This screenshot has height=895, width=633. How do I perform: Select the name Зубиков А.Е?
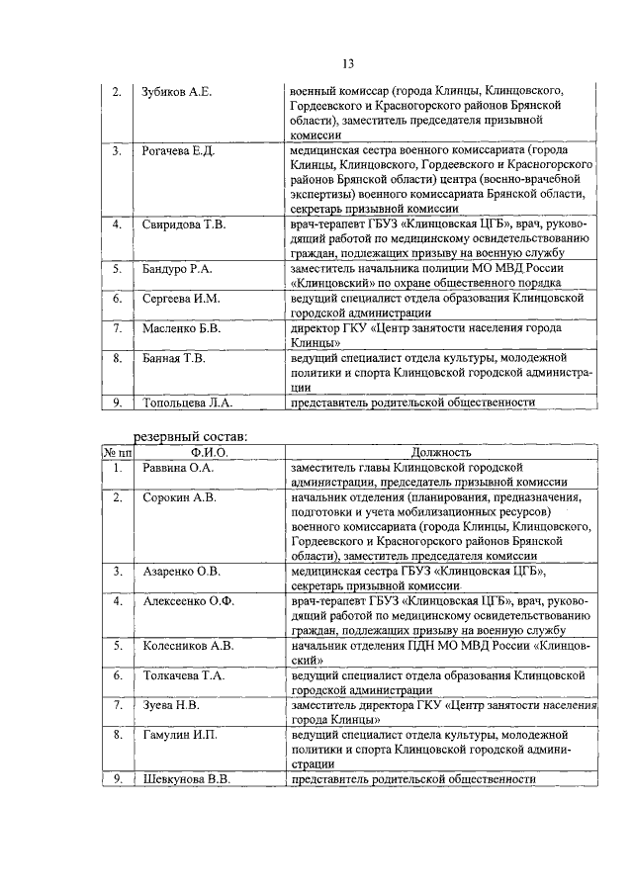[x=177, y=91]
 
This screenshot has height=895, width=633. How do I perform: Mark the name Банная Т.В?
[x=173, y=358]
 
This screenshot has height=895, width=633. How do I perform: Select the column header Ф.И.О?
[x=210, y=452]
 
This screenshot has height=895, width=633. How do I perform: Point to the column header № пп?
[x=118, y=452]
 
